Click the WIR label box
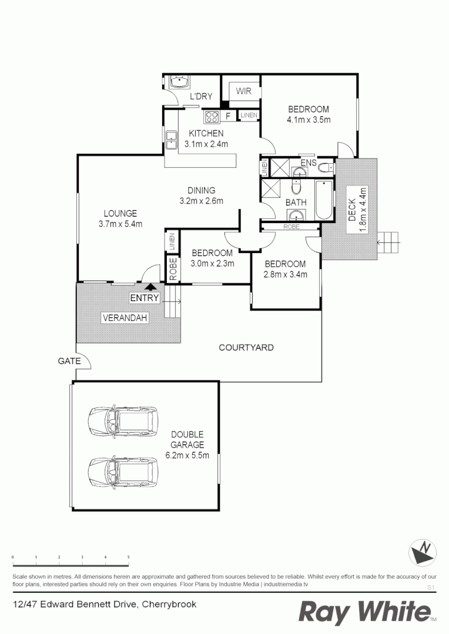coord(244,91)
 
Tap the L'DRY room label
coord(200,97)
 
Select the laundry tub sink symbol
coord(177,82)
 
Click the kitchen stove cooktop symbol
coord(211,116)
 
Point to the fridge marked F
coord(228,116)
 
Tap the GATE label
coord(69,361)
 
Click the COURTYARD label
coord(246,348)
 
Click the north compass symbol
coord(423,552)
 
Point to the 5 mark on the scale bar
coord(128,557)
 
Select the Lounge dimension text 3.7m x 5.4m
coord(120,224)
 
